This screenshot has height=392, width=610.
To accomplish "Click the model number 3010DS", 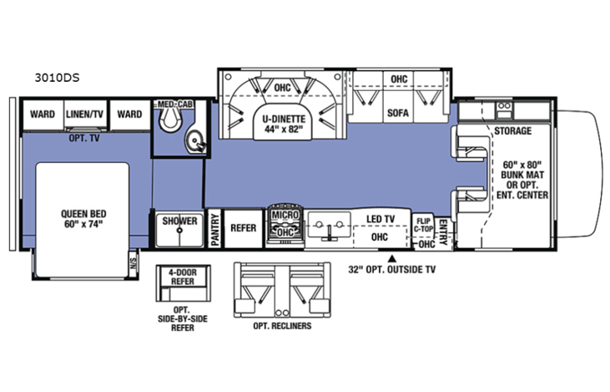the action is [57, 78].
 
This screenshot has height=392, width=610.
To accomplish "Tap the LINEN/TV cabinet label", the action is [84, 115].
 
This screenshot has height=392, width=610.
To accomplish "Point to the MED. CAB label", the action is [175, 104].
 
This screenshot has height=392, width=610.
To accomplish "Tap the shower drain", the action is [179, 231].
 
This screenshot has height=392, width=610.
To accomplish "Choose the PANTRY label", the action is [214, 230].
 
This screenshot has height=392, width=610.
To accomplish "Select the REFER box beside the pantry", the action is [243, 228].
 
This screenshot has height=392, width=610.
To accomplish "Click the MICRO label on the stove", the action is [285, 215].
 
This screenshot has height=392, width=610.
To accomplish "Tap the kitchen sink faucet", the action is [330, 232].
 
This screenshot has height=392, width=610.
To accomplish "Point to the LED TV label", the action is [381, 219].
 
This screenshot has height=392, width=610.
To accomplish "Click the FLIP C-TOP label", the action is [423, 225].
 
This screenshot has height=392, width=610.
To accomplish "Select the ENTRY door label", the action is [443, 232].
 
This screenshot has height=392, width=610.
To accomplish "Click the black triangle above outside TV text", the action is [392, 258].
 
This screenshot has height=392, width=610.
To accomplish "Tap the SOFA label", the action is [397, 113].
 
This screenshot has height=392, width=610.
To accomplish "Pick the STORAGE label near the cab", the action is [512, 131].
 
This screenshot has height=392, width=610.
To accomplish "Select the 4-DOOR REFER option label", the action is [183, 277].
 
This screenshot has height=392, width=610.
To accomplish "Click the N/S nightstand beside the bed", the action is [134, 264].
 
